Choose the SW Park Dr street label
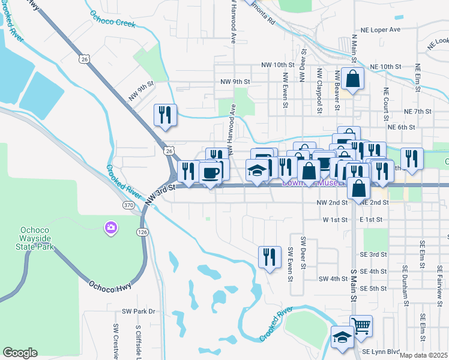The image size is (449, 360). (x=138, y=311)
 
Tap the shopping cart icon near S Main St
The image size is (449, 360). (x=361, y=326)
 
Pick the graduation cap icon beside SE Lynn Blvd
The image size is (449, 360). (x=342, y=338)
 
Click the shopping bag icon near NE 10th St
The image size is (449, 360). (x=354, y=79)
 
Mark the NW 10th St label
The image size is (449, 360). (x=278, y=64)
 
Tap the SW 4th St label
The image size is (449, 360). (x=333, y=279)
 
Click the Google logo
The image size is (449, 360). (x=20, y=353)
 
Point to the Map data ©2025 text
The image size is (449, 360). (x=423, y=355)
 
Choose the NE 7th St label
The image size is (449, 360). (x=418, y=112)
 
